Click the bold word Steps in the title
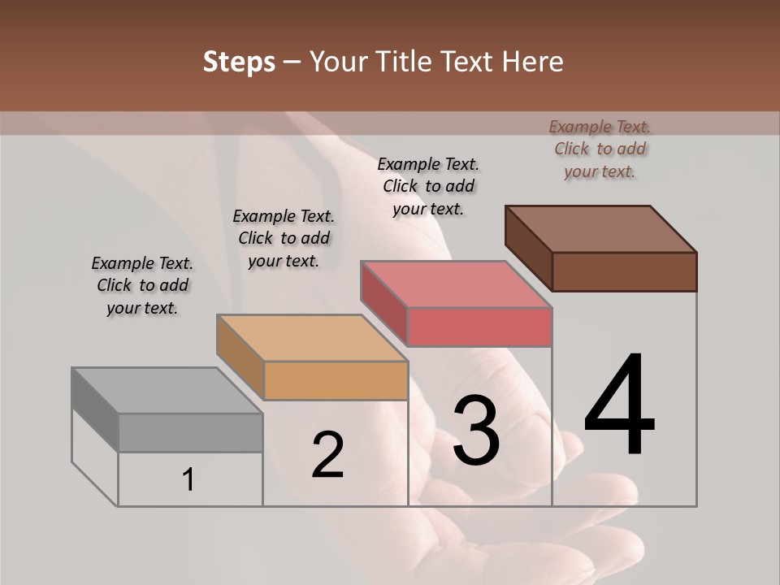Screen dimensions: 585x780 coord(239,62)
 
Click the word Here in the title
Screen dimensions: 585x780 coord(532,62)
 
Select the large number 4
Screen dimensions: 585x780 coord(619,406)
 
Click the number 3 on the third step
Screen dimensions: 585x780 coord(476,431)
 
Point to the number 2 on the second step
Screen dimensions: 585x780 coord(327,455)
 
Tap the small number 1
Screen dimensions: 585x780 coord(188,480)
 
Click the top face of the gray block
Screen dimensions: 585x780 coord(167,391)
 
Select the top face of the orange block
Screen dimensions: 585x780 coord(312,337)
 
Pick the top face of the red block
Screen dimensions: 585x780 coord(456,284)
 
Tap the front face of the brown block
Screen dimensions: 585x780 coord(624,271)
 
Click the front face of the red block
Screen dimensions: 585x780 coord(479,327)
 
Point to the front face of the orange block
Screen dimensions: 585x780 coord(336,380)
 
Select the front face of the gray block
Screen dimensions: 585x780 coord(191,433)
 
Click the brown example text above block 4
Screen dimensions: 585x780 coord(600,149)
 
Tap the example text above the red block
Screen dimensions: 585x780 coord(429,186)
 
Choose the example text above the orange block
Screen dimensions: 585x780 coord(284,238)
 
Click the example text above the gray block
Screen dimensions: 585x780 coord(143,285)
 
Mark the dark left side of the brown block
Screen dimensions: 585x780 coord(528,248)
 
